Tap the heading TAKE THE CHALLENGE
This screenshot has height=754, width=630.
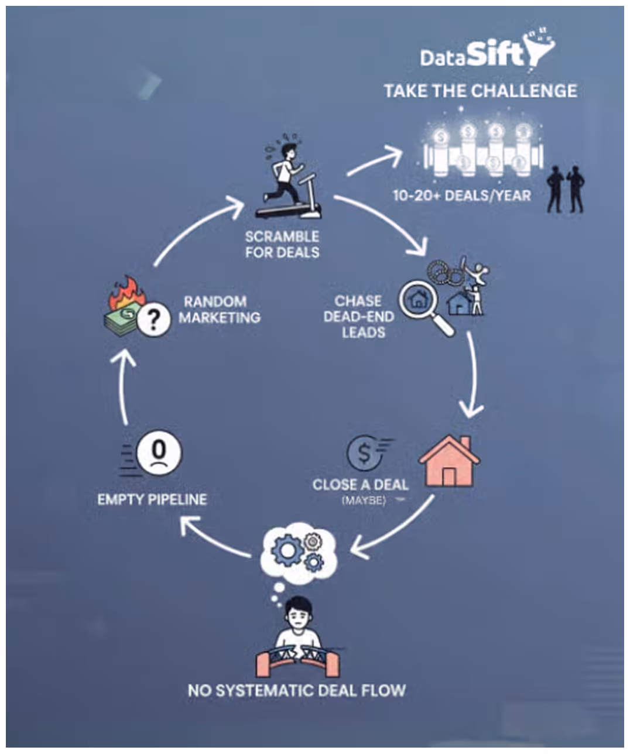point(480,91)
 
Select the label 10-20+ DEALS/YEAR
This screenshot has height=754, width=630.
point(461,195)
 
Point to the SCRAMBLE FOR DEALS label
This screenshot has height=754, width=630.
point(282,245)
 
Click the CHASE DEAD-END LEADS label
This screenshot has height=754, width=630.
point(359,317)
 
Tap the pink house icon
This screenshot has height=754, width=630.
point(449,462)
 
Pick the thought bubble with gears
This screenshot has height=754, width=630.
point(299,550)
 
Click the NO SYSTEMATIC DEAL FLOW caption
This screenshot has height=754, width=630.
point(297,690)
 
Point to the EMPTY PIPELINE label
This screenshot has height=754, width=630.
point(152,499)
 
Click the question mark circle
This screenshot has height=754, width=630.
point(153,320)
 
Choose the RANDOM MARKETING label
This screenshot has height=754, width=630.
point(220,309)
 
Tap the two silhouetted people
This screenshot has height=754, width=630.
point(566,189)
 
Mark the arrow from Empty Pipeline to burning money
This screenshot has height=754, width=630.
point(124,386)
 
